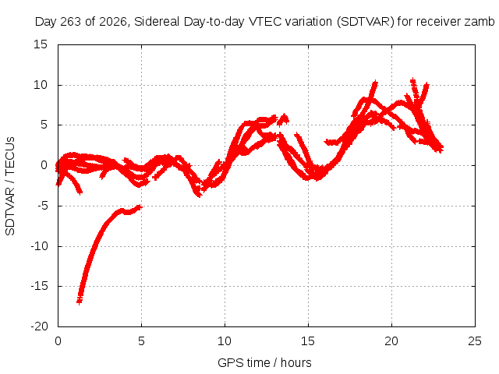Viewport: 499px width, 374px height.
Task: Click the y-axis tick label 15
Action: [x=40, y=44]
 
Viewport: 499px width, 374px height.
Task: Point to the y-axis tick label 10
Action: [x=40, y=85]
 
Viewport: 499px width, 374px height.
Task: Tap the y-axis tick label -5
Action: [x=42, y=206]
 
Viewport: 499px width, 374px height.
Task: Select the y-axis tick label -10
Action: [x=39, y=246]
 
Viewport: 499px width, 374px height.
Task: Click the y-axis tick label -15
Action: [x=39, y=286]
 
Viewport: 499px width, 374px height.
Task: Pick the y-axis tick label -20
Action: [x=39, y=326]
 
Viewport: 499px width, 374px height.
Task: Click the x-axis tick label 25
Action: [x=475, y=341]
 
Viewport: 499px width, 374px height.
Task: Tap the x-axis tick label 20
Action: [x=391, y=341]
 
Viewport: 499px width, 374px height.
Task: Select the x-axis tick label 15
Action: [x=308, y=341]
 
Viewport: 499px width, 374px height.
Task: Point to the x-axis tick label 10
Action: [x=225, y=341]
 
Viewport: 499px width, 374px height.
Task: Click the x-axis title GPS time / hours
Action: [x=264, y=363]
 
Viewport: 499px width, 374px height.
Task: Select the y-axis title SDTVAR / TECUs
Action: [x=10, y=186]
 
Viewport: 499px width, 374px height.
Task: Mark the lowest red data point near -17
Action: [x=80, y=301]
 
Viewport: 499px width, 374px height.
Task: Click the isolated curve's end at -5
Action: [x=140, y=207]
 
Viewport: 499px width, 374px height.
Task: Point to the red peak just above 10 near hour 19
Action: [x=375, y=83]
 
